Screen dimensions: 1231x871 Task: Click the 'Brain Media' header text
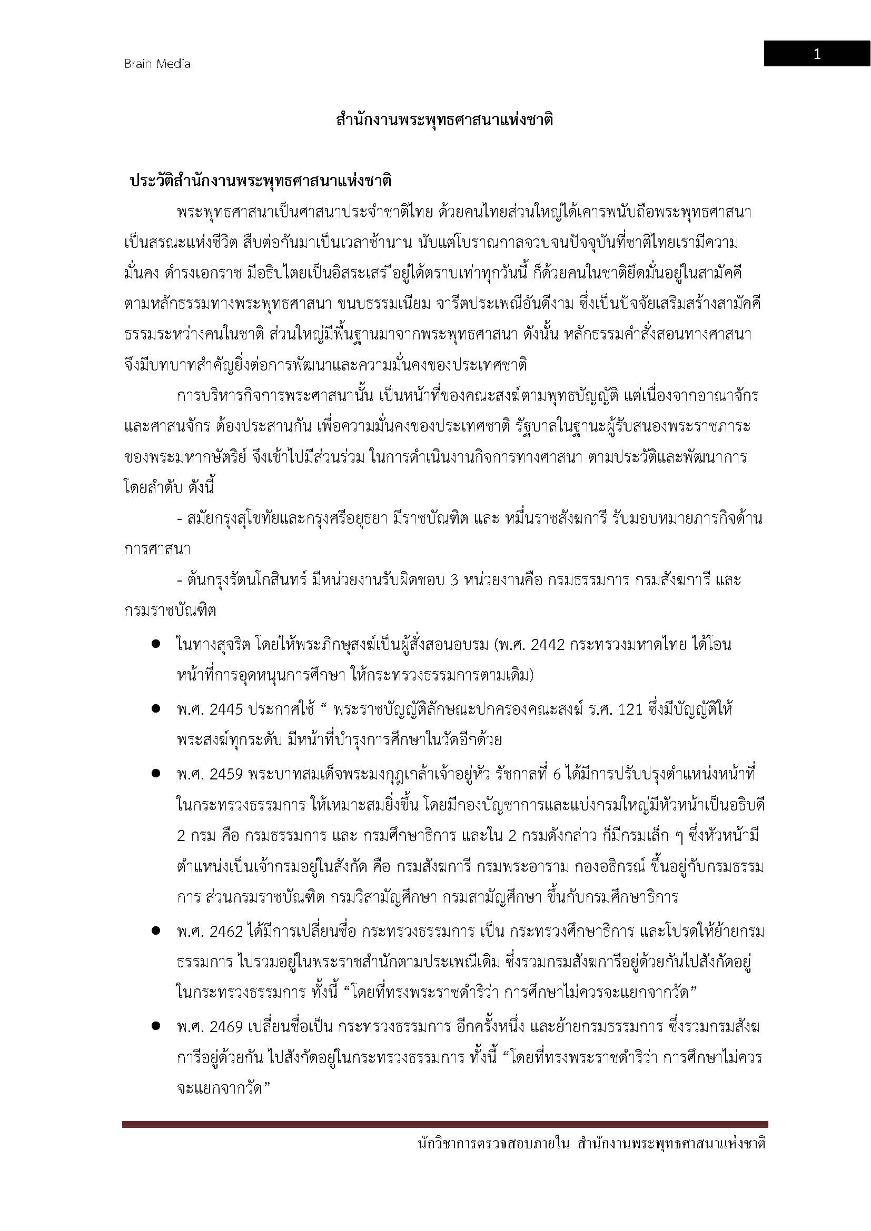click(157, 64)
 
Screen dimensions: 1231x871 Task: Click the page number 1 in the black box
click(816, 54)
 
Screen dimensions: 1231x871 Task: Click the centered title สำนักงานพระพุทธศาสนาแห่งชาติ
click(444, 120)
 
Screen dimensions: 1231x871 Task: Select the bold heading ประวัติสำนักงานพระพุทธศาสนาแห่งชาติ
click(261, 181)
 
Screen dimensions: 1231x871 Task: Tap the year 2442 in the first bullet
click(548, 645)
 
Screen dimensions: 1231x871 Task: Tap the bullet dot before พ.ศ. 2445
click(156, 709)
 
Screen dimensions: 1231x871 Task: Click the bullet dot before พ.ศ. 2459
click(156, 774)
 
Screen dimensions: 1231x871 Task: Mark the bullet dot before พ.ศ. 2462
click(156, 932)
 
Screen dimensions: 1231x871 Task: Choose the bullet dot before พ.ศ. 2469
click(156, 1027)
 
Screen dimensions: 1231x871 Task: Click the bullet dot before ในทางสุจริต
click(156, 645)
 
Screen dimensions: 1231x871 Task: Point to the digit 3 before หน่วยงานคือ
click(454, 580)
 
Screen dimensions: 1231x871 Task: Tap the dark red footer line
click(444, 1124)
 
